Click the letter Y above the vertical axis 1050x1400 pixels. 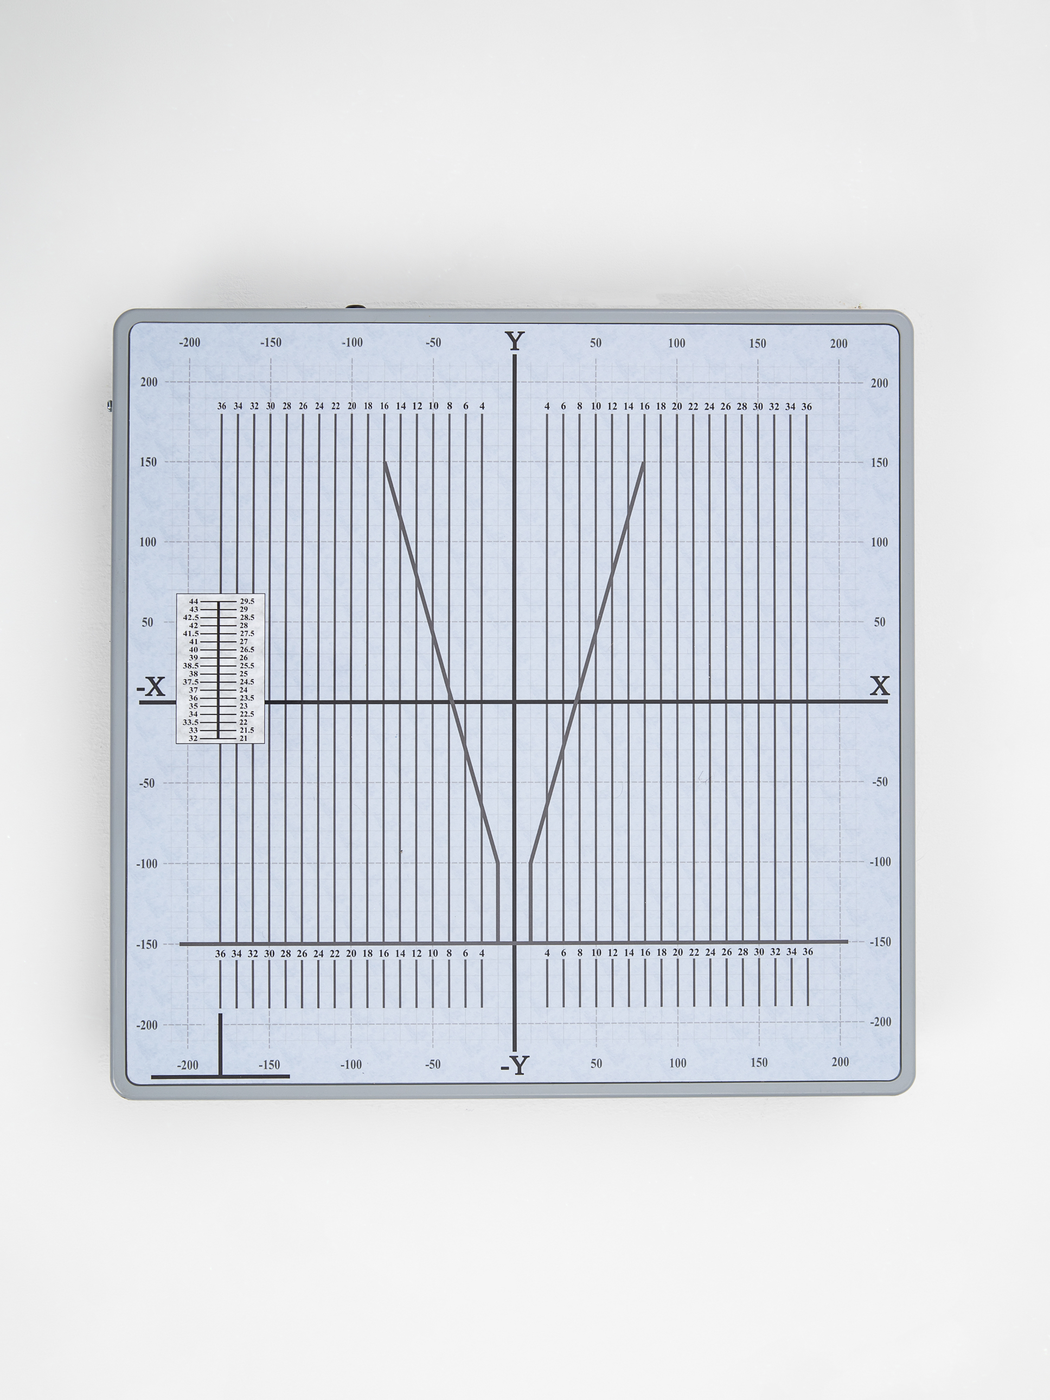tap(515, 342)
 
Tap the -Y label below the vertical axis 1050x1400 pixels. tap(514, 1065)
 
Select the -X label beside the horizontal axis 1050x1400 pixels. tap(151, 687)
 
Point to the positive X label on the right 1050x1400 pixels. tap(879, 686)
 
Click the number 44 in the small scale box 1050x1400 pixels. tap(194, 601)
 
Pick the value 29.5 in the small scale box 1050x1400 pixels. tap(247, 601)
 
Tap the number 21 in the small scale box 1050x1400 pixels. tap(243, 738)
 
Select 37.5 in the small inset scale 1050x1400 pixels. tap(190, 682)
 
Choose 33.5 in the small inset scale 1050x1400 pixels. tap(190, 722)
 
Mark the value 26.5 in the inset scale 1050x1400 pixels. tap(247, 649)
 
